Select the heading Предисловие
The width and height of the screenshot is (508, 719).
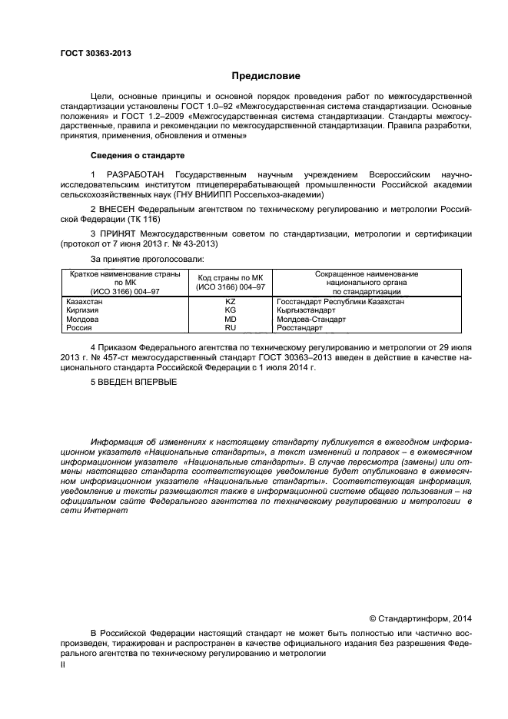tap(266, 76)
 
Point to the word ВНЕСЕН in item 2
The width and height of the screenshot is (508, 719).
tap(122, 208)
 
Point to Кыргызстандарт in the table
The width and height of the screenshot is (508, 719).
tap(305, 310)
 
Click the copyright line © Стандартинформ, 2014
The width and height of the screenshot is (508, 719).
tap(420, 619)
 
